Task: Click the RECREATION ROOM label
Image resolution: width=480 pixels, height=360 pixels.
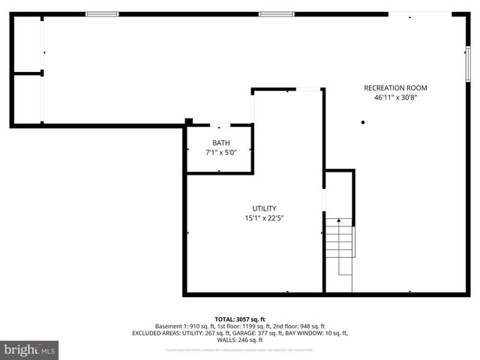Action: (x=395, y=88)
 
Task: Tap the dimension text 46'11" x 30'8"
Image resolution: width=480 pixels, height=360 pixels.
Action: (x=395, y=97)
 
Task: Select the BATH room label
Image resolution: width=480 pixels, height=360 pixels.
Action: (x=220, y=142)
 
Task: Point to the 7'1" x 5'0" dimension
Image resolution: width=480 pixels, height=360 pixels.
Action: (x=220, y=152)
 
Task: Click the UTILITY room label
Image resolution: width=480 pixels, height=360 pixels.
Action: (x=264, y=208)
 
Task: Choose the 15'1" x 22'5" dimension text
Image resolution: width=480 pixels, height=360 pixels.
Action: (x=264, y=218)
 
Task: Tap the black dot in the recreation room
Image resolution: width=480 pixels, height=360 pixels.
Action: (x=362, y=122)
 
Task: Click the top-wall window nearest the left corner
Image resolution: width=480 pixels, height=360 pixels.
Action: (x=102, y=14)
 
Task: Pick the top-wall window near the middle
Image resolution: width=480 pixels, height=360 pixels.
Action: (x=276, y=14)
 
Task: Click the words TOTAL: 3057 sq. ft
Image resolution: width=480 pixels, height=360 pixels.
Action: (x=240, y=319)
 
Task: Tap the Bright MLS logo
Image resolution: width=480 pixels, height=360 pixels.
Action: (x=30, y=349)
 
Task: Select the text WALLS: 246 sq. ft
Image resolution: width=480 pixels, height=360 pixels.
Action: (x=240, y=339)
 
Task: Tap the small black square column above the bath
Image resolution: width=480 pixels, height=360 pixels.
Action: (x=189, y=121)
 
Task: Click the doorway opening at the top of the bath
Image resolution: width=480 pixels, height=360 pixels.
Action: (x=220, y=125)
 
